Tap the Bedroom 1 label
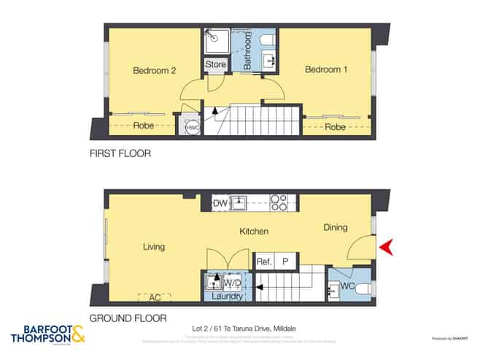pyautogui.click(x=326, y=70)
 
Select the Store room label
pyautogui.click(x=215, y=65)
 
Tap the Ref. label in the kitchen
pyautogui.click(x=264, y=261)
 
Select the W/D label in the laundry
pyautogui.click(x=233, y=283)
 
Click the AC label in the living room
pyautogui.click(x=154, y=297)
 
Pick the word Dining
pyautogui.click(x=336, y=228)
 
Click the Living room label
pyautogui.click(x=154, y=247)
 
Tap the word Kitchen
pyautogui.click(x=255, y=231)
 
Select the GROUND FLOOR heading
pyautogui.click(x=128, y=318)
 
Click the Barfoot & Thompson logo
pyautogui.click(x=47, y=335)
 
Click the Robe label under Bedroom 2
pyautogui.click(x=143, y=126)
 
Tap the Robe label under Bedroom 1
pyautogui.click(x=335, y=127)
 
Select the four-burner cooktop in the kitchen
pyautogui.click(x=279, y=202)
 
